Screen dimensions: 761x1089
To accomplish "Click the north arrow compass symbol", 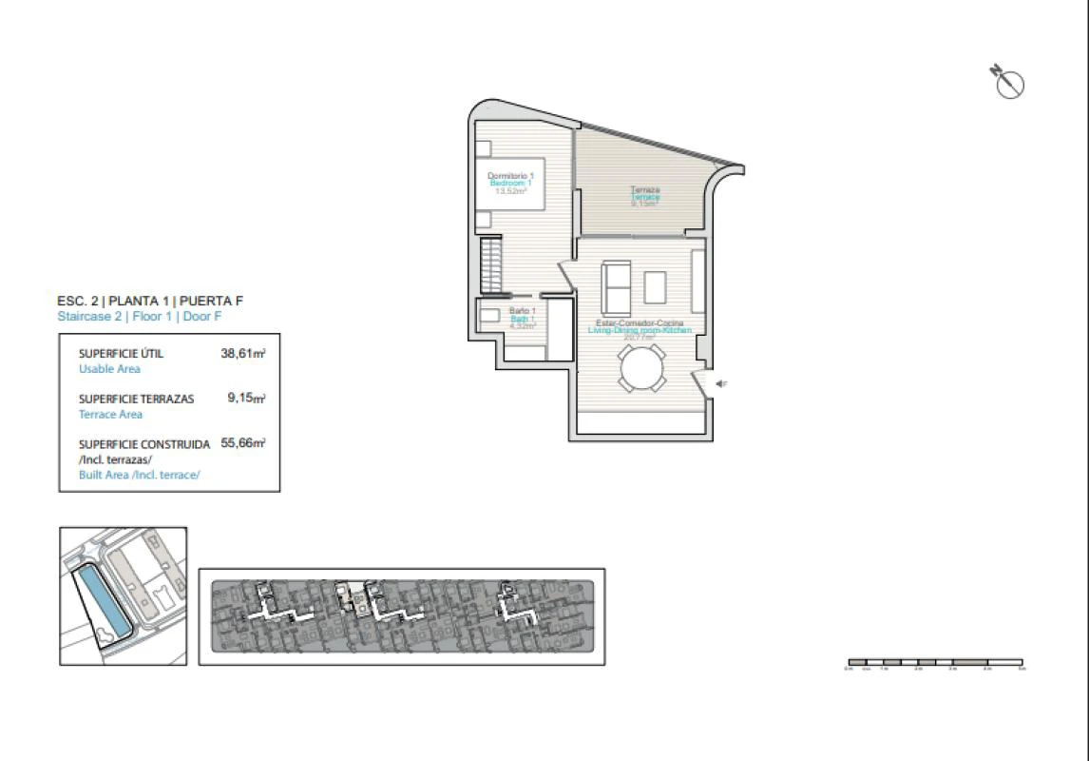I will pos(1008,83).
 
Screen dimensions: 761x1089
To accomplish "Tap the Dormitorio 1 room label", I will pos(510,176).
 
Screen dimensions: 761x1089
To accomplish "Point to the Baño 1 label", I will pos(523,311).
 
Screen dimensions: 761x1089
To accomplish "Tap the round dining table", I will pos(641,367).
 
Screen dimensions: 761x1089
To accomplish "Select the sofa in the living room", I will pos(615,288).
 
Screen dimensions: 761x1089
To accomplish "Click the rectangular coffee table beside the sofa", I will pos(655,286).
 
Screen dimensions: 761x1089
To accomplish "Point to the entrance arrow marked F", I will pos(721,383).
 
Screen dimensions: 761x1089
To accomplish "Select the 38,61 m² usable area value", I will pos(242,353).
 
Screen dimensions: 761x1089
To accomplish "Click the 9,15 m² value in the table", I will pos(245,399).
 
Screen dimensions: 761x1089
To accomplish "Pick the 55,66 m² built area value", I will pos(242,443).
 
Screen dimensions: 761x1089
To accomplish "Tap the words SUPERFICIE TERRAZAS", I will pos(136,399).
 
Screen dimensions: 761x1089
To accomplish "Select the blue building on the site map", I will pos(102,600).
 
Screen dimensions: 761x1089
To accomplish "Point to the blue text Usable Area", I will pos(109,368).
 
